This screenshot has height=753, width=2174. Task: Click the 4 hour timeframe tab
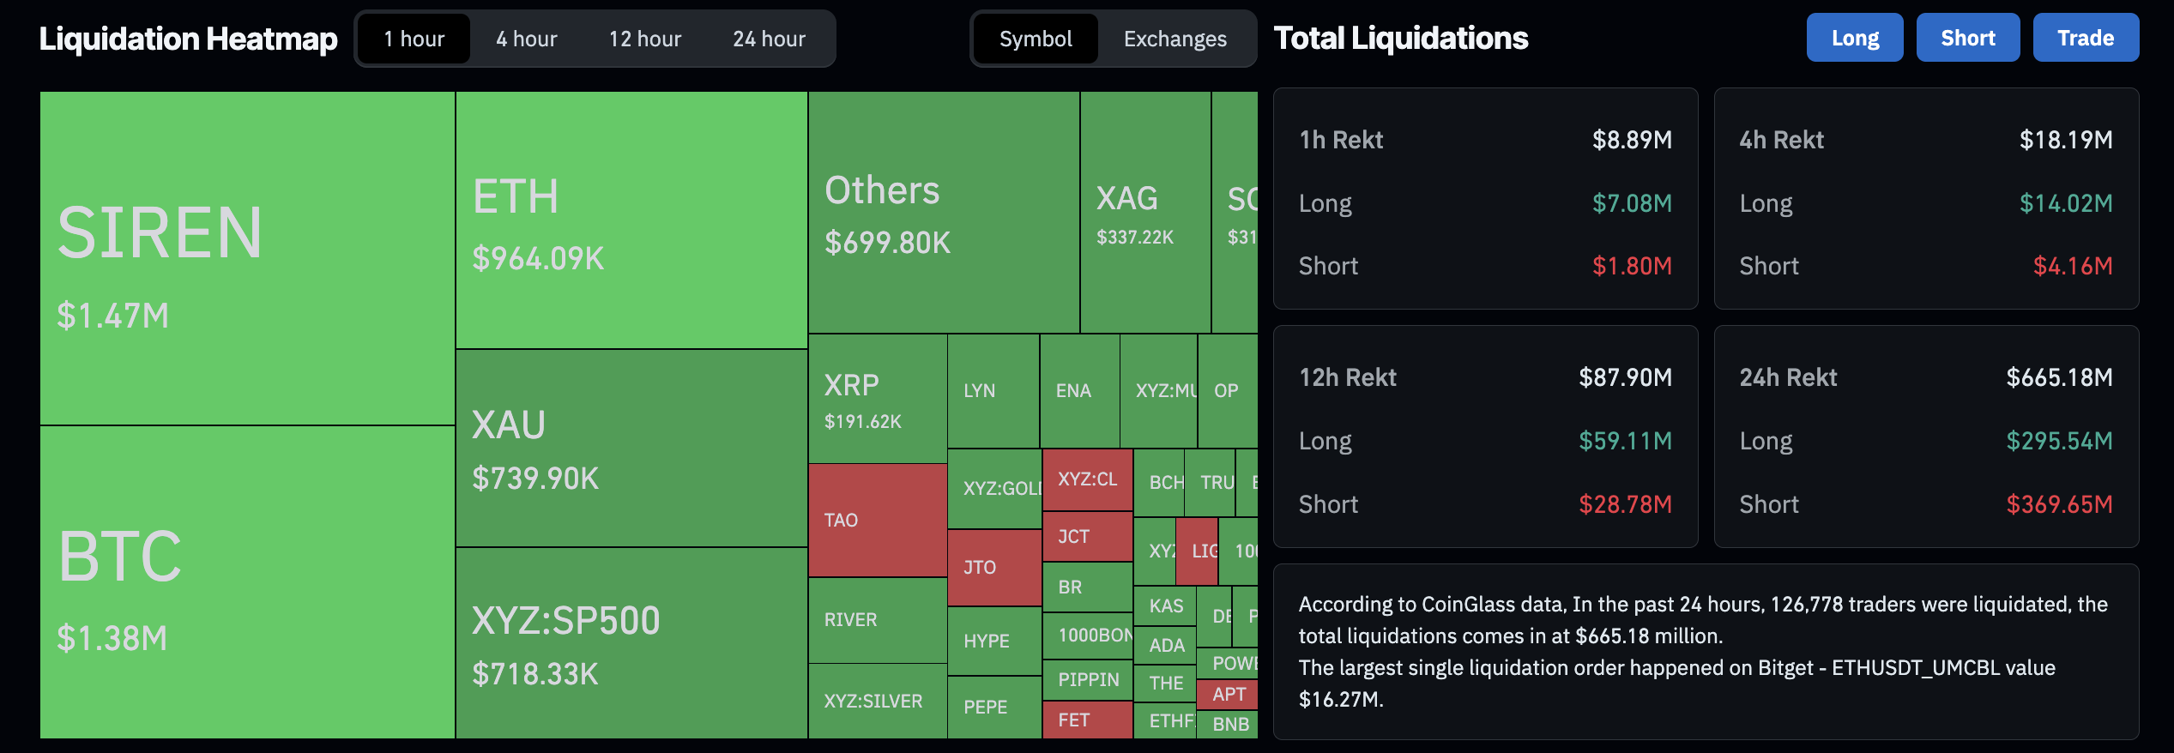pos(526,39)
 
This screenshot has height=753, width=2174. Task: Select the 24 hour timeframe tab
pos(769,39)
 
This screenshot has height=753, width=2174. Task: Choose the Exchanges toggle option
pos(1175,39)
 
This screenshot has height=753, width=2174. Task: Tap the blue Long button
pos(1854,38)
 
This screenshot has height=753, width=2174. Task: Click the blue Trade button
pos(2085,38)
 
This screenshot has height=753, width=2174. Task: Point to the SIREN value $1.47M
pos(112,316)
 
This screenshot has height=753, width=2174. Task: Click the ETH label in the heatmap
pos(516,196)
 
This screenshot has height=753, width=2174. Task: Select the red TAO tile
pos(877,520)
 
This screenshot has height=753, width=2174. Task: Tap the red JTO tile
pos(993,567)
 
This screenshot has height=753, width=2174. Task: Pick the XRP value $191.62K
pos(862,421)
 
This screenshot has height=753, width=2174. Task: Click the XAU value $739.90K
pos(535,479)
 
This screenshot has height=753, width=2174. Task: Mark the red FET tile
pos(1086,720)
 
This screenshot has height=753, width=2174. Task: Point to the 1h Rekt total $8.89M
pos(1631,140)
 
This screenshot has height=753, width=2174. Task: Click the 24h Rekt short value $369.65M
pos(2058,504)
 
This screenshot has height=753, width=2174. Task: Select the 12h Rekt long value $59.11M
pos(1625,441)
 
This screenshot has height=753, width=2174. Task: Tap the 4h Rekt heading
pos(1781,140)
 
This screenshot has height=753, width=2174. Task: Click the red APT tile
pos(1229,694)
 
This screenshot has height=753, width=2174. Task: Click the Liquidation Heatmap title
pos(188,39)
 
